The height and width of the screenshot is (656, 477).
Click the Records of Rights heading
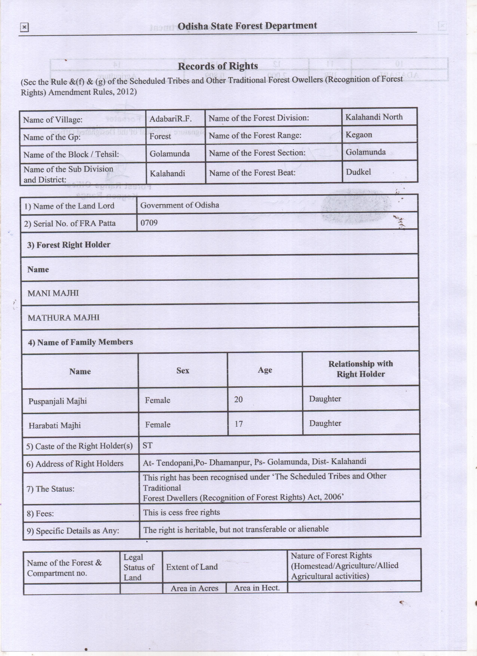(218, 66)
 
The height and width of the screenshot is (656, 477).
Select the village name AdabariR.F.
(170, 119)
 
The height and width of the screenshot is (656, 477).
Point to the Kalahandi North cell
(374, 117)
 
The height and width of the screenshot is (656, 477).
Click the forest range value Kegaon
(359, 135)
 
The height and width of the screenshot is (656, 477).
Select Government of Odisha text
(179, 205)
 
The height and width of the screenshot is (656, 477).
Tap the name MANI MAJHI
(53, 293)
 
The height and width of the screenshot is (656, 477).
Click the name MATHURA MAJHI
(63, 318)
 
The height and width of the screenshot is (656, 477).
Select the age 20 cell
(239, 399)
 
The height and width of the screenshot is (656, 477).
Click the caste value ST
(147, 445)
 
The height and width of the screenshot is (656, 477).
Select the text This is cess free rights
(181, 512)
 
